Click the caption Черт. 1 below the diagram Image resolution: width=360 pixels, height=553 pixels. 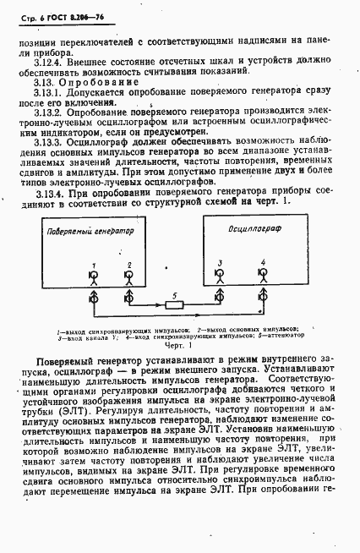[x=179, y=345]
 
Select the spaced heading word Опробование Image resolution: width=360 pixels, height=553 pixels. [x=99, y=82]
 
